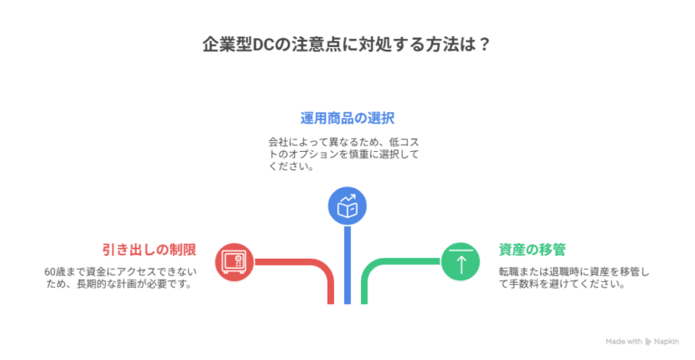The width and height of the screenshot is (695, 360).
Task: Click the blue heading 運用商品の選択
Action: pos(347,118)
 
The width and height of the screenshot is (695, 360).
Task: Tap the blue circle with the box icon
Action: pos(347,205)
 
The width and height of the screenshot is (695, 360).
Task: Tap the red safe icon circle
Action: pos(233,263)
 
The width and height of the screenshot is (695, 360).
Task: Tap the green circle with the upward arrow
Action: pos(461,263)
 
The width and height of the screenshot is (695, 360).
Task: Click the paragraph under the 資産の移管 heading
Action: pos(574,277)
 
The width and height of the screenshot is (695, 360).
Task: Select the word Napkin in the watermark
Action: pos(667,342)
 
